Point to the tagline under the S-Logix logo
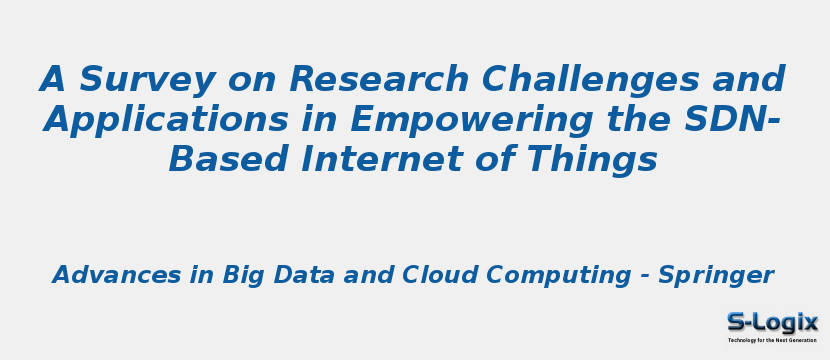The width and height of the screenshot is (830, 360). pyautogui.click(x=771, y=340)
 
